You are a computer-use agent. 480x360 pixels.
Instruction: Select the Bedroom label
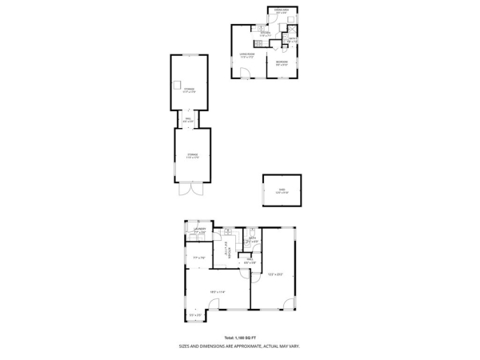click(x=282, y=62)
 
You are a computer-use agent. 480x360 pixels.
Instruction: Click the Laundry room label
click(x=199, y=230)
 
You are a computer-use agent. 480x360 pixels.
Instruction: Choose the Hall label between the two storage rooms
click(x=188, y=119)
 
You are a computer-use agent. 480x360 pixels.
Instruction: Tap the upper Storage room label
click(x=189, y=91)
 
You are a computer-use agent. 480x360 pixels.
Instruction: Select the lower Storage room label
click(x=193, y=155)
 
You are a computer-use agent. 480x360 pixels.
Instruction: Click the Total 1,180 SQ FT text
click(x=239, y=338)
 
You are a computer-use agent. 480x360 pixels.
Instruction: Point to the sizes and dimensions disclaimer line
click(x=239, y=346)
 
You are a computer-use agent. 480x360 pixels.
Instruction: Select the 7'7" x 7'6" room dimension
click(x=199, y=258)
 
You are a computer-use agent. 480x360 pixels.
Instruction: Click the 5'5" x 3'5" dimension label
click(x=195, y=315)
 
